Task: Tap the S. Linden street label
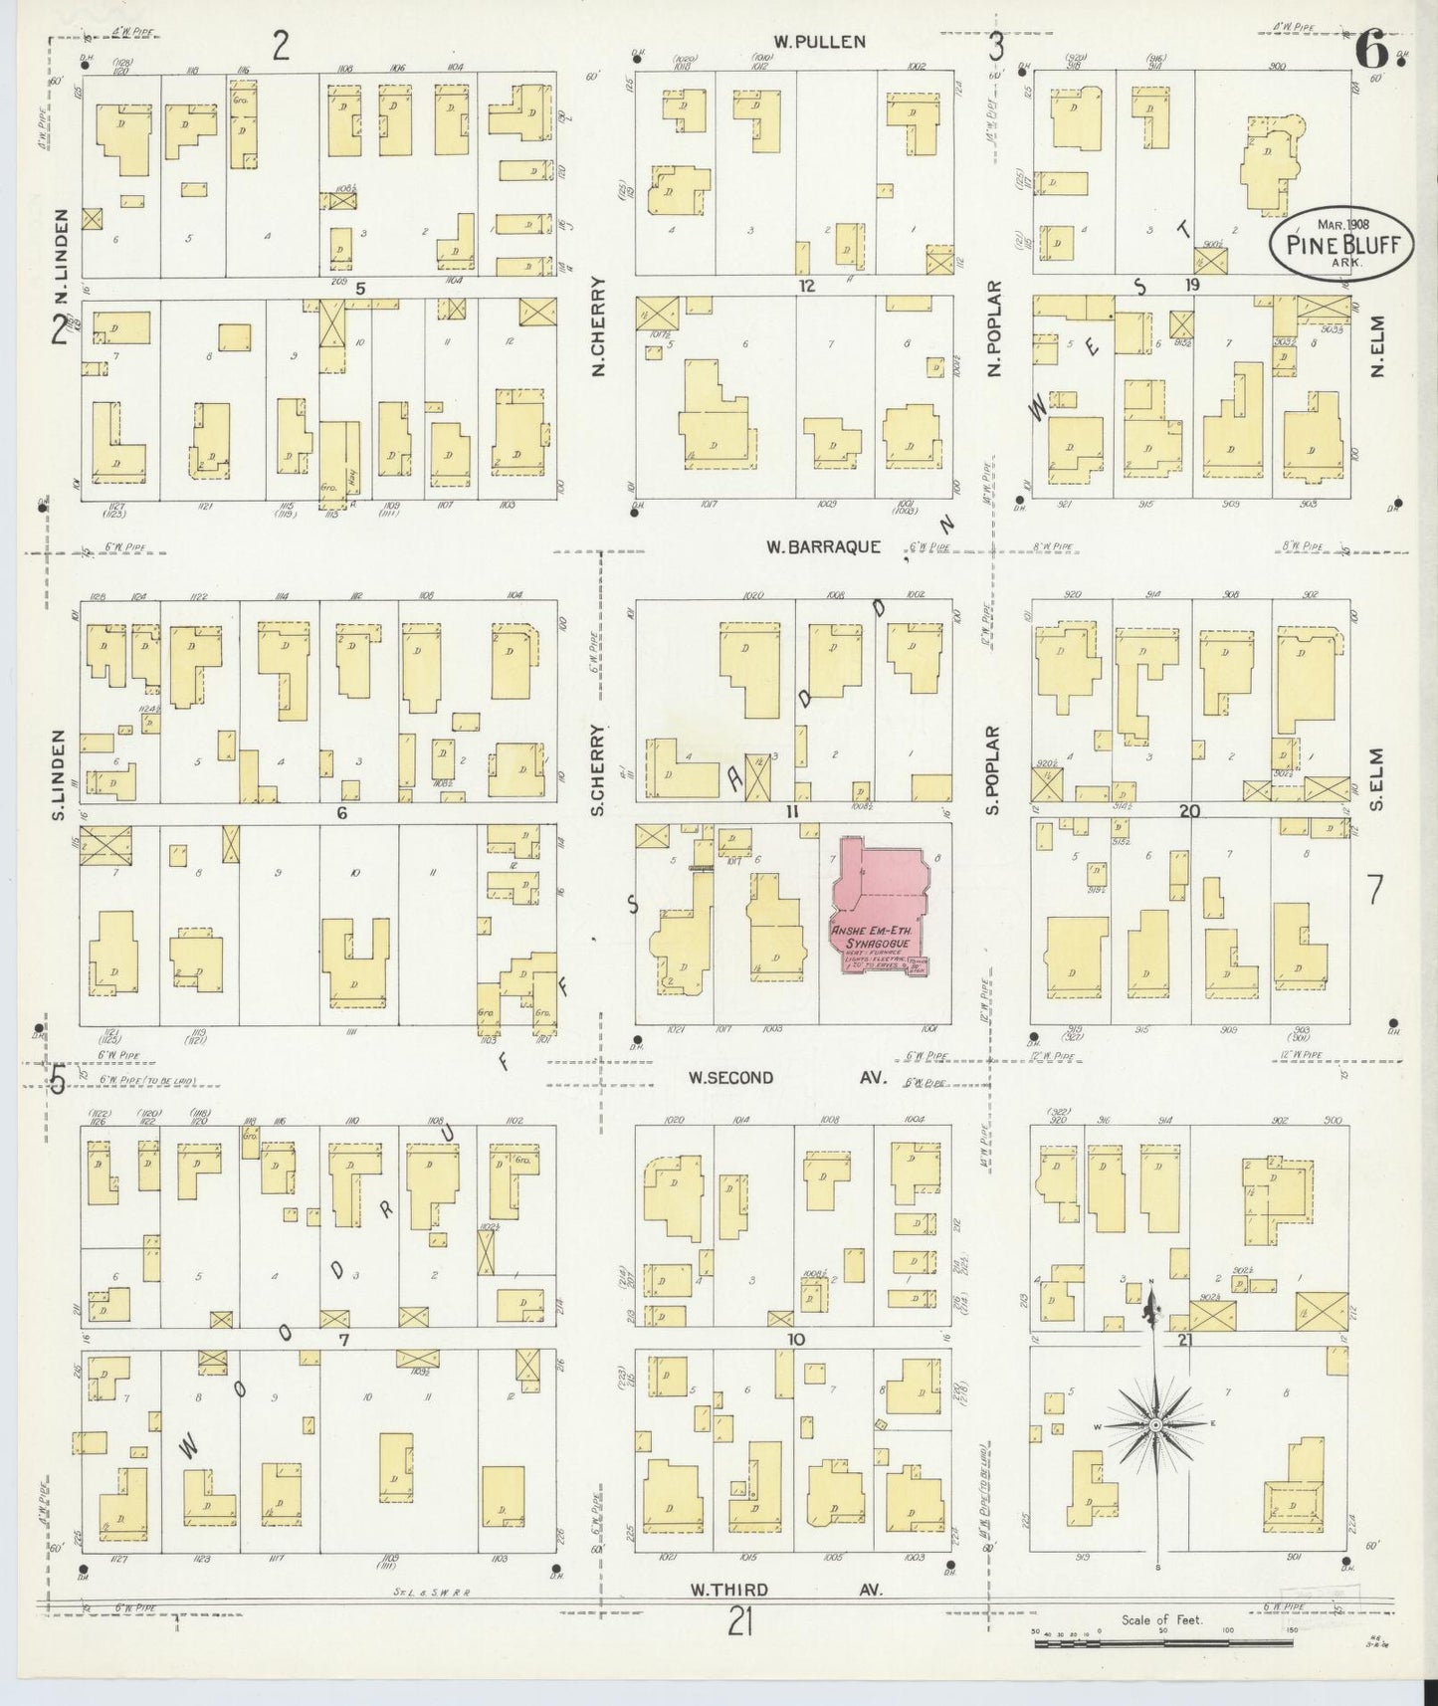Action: coord(59,776)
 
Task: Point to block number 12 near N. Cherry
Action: coord(806,287)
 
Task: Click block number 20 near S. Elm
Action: coord(1189,811)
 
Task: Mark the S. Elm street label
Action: coord(1377,778)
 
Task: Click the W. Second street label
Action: coord(730,1077)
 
